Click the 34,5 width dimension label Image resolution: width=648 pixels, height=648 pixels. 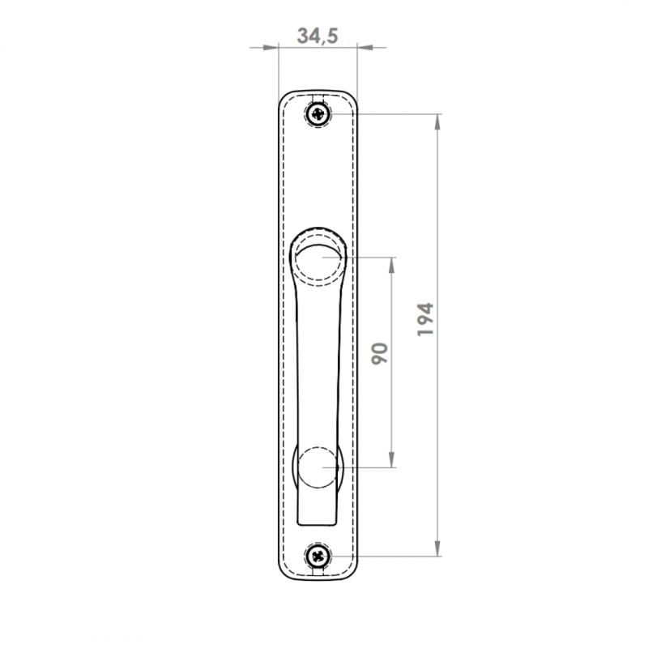pyautogui.click(x=318, y=36)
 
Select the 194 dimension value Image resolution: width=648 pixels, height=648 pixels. pyautogui.click(x=425, y=319)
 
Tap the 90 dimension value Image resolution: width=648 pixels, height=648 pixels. pyautogui.click(x=380, y=353)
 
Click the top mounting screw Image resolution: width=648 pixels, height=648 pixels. pyautogui.click(x=318, y=113)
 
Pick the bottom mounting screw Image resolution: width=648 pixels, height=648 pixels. pyautogui.click(x=318, y=556)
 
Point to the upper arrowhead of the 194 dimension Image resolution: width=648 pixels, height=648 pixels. pyautogui.click(x=437, y=121)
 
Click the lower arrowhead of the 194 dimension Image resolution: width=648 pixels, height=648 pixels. pyautogui.click(x=437, y=548)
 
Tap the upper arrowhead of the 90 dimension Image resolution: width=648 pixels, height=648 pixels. pyautogui.click(x=392, y=265)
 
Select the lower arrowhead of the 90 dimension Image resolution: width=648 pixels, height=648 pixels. pyautogui.click(x=392, y=459)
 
